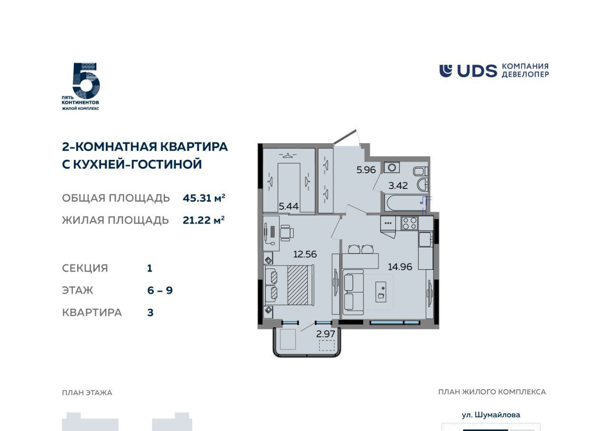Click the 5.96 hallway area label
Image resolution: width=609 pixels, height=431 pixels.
point(366,170)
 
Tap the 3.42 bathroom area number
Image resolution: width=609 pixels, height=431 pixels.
point(398,186)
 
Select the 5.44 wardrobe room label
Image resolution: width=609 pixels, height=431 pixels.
point(289,206)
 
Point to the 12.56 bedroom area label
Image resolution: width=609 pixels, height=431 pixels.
point(305,254)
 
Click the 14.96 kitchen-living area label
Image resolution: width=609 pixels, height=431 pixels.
point(400,267)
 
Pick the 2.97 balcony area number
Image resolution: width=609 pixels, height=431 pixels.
point(325,334)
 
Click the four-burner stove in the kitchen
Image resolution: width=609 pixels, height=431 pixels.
point(410,224)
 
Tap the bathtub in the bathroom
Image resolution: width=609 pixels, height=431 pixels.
point(404,203)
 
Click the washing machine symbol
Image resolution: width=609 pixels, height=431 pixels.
point(392,167)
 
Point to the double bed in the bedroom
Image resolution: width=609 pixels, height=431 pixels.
point(289,285)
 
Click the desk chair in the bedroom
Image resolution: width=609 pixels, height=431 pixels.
point(287,233)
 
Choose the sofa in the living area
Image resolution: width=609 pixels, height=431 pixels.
point(353,292)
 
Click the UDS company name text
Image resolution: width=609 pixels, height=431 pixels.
point(477,71)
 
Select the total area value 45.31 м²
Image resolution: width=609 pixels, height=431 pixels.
point(204,198)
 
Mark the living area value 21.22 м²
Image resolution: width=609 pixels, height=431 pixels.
point(204,220)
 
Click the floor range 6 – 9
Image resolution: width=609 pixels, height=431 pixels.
point(160,291)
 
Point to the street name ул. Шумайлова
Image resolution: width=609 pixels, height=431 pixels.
point(491,415)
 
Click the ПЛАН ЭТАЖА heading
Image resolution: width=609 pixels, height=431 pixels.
point(87,392)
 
